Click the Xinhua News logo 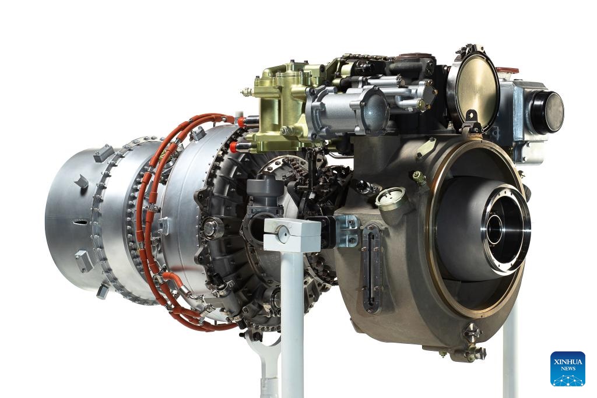pyautogui.click(x=567, y=368)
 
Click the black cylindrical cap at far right pyautogui.click(x=547, y=111)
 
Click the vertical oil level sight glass pyautogui.click(x=371, y=267)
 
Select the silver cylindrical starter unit pyautogui.click(x=345, y=108)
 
